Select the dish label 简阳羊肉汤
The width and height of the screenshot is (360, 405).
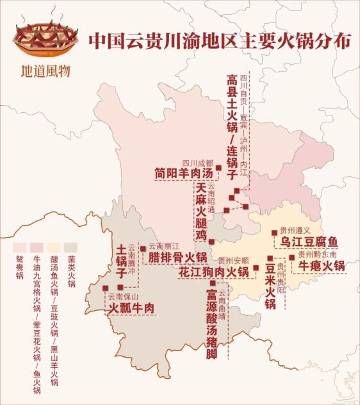pyautogui.click(x=183, y=173)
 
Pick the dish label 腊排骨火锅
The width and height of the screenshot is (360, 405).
pyautogui.click(x=178, y=258)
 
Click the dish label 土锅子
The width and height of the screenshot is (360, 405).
pyautogui.click(x=120, y=260)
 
